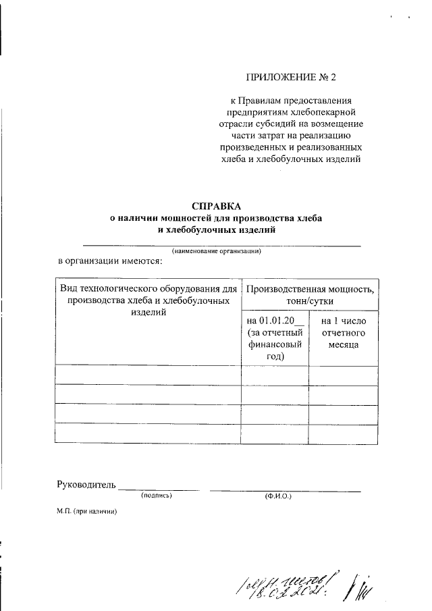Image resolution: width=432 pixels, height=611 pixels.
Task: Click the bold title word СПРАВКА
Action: (216, 205)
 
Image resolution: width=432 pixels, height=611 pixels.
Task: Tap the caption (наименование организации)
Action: (215, 250)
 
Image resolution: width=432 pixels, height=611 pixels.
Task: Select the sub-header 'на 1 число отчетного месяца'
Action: (343, 333)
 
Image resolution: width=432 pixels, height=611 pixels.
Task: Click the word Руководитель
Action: (86, 484)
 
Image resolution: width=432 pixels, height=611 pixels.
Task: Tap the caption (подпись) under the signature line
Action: (157, 496)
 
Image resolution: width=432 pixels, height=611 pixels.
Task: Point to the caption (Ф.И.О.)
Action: (277, 497)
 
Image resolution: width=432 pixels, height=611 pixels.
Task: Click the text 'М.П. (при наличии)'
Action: (87, 512)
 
